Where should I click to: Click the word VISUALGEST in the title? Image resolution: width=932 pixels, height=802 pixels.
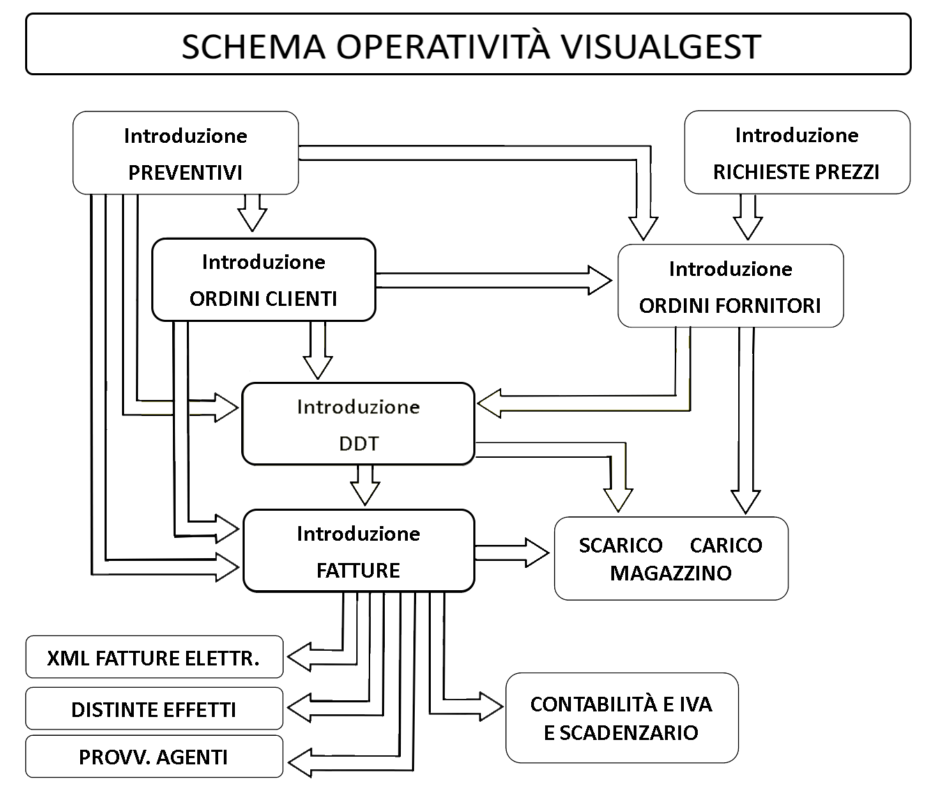[x=661, y=47]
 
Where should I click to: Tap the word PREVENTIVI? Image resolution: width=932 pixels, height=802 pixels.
[x=185, y=173]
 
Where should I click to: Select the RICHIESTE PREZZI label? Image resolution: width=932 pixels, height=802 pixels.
[x=796, y=172]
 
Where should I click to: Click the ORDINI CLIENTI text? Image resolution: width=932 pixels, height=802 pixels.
[x=263, y=299]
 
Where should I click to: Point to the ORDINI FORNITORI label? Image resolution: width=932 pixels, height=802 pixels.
[x=730, y=306]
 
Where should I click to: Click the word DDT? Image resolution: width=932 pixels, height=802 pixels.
[x=359, y=444]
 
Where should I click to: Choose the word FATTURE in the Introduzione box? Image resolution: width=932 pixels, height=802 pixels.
[x=358, y=571]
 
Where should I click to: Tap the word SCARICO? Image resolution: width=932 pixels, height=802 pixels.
[x=621, y=546]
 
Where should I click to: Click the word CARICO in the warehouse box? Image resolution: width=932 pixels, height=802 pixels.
[x=726, y=546]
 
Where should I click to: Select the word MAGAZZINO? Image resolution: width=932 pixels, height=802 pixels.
[x=671, y=573]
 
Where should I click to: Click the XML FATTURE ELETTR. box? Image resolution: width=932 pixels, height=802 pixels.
[x=154, y=657]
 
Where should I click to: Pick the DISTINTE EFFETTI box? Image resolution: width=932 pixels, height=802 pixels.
[x=154, y=708]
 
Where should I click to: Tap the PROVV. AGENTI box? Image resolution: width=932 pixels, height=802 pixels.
[x=154, y=757]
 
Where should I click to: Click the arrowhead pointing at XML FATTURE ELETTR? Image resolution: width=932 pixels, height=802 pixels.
[x=299, y=657]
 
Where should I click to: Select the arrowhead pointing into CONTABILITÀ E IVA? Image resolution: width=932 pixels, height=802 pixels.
[x=491, y=707]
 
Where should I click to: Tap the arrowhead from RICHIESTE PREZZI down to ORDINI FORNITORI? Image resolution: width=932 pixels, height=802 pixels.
[x=747, y=229]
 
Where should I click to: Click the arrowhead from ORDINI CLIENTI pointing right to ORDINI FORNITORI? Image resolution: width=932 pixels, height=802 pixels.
[x=599, y=280]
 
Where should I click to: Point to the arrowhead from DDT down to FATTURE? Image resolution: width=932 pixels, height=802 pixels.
[x=365, y=494]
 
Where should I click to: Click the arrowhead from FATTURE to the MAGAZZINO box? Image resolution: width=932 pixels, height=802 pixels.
[x=537, y=553]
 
